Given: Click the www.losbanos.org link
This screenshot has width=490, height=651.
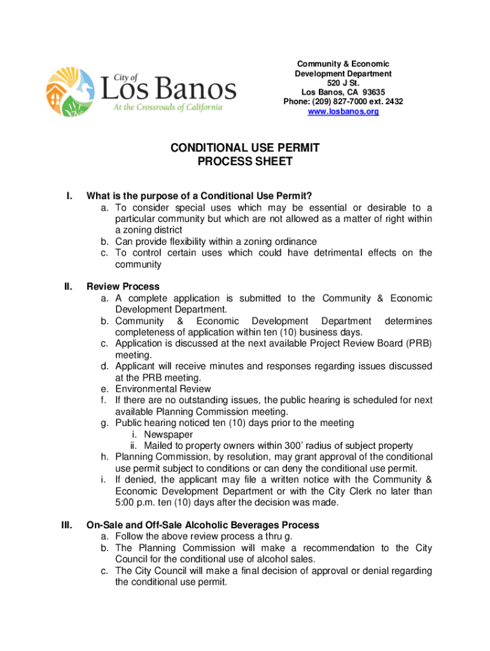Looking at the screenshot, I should point(343,111).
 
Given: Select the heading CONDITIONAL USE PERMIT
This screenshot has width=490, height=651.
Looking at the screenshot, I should point(245,148).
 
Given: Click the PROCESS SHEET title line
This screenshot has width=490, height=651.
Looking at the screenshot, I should point(245,161).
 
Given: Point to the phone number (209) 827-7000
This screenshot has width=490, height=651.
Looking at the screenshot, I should point(344,102).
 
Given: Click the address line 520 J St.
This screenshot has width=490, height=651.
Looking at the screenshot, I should point(343,83).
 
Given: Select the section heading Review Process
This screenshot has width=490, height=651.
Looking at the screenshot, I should point(123,287).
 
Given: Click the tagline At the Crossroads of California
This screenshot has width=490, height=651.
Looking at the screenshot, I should point(167,107).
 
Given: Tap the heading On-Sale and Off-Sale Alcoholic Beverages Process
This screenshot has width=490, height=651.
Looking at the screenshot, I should point(202,525).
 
